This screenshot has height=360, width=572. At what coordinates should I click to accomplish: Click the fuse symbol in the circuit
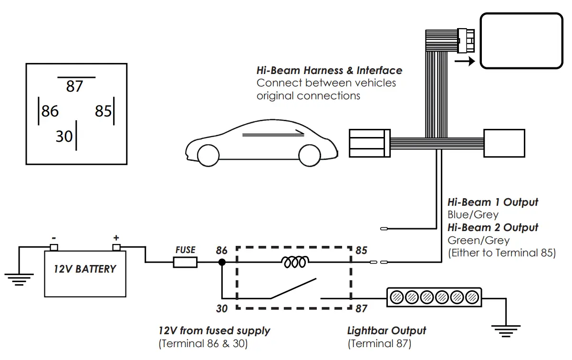click(x=185, y=262)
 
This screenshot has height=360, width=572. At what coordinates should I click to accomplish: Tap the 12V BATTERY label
click(x=84, y=269)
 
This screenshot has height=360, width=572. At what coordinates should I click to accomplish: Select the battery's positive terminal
click(x=116, y=247)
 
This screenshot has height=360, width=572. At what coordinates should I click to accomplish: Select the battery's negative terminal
click(x=54, y=247)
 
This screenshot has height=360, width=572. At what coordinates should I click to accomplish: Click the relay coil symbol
click(x=296, y=262)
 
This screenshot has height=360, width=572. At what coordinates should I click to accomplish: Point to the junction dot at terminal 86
click(x=222, y=262)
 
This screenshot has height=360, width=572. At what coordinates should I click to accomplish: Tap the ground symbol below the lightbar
click(x=504, y=330)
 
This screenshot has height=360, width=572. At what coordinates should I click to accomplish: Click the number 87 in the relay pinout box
click(x=74, y=86)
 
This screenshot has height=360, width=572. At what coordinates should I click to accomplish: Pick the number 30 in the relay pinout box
click(x=64, y=137)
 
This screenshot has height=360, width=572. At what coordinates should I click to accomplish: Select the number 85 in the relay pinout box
click(x=103, y=111)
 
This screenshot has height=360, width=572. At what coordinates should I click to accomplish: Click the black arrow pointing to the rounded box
click(x=465, y=61)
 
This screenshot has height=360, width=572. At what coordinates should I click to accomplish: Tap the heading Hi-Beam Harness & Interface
click(x=329, y=71)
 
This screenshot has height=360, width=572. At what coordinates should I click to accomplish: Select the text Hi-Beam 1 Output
click(x=493, y=202)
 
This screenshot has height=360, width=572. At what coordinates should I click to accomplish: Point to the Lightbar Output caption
click(x=386, y=330)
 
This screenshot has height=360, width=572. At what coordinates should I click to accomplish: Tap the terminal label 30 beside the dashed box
click(x=222, y=309)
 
